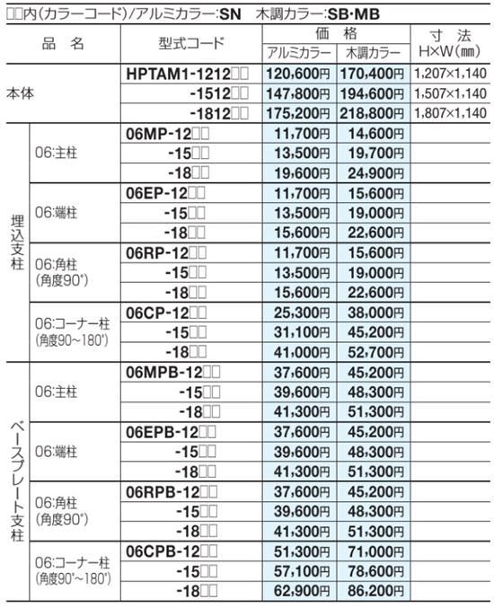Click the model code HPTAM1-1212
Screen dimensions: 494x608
(188, 72)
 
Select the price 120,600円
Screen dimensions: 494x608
(298, 72)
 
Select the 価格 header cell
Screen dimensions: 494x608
(335, 32)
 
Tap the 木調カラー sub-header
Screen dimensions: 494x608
(373, 53)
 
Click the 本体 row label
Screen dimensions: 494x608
(22, 93)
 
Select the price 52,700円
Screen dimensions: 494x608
(373, 353)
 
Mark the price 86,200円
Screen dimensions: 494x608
(373, 590)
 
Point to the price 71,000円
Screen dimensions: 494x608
(373, 550)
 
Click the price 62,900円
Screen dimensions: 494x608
(298, 590)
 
